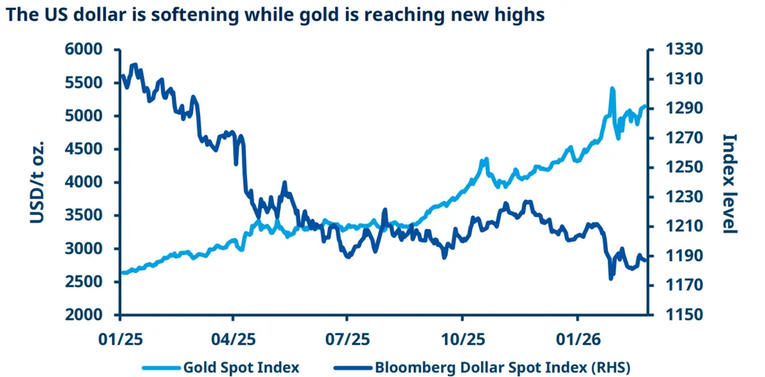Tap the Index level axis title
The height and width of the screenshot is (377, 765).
pos(729,183)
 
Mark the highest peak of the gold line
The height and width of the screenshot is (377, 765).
pos(613,88)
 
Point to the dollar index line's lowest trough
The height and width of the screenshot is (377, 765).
pos(610,278)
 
